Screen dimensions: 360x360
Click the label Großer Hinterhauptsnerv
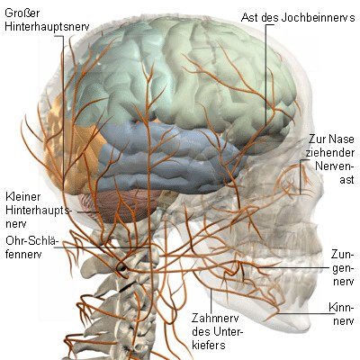coord(47,20)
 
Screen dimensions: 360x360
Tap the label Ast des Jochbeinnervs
coord(298,17)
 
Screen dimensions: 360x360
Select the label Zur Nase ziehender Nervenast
coord(330,159)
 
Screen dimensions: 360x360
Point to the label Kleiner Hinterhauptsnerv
coord(38,211)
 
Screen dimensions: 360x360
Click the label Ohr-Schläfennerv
coord(31,247)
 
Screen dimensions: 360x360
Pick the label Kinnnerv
coord(342,314)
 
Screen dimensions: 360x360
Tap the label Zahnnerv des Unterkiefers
coord(217,331)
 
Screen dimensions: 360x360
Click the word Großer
coord(22,13)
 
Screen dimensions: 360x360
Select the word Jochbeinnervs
coord(319,17)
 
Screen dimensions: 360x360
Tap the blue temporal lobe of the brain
coord(168,159)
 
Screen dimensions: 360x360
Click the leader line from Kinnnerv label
coord(303,314)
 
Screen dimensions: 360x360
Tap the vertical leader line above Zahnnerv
coord(211,300)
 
